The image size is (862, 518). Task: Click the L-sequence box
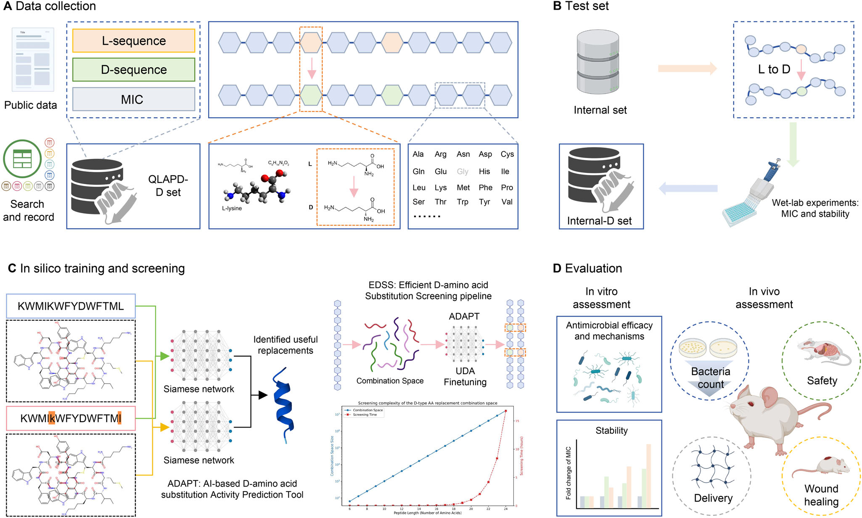click(x=134, y=41)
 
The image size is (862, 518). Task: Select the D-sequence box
click(x=134, y=69)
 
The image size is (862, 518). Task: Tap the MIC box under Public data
click(x=134, y=99)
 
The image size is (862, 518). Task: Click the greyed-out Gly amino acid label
click(x=463, y=172)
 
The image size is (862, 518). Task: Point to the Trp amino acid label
click(x=463, y=202)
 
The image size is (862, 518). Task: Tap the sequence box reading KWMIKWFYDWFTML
click(x=71, y=306)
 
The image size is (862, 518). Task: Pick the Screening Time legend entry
click(x=364, y=415)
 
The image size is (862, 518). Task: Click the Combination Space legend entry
click(x=367, y=410)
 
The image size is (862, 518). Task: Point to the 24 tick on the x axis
click(x=505, y=509)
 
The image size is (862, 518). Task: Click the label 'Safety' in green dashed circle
click(x=822, y=381)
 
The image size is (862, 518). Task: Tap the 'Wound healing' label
click(x=821, y=495)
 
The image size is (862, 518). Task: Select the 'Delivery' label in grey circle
click(x=713, y=498)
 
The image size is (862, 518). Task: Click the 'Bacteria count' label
click(x=711, y=378)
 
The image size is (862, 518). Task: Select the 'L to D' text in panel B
click(x=774, y=69)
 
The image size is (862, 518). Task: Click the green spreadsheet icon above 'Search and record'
click(x=22, y=159)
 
